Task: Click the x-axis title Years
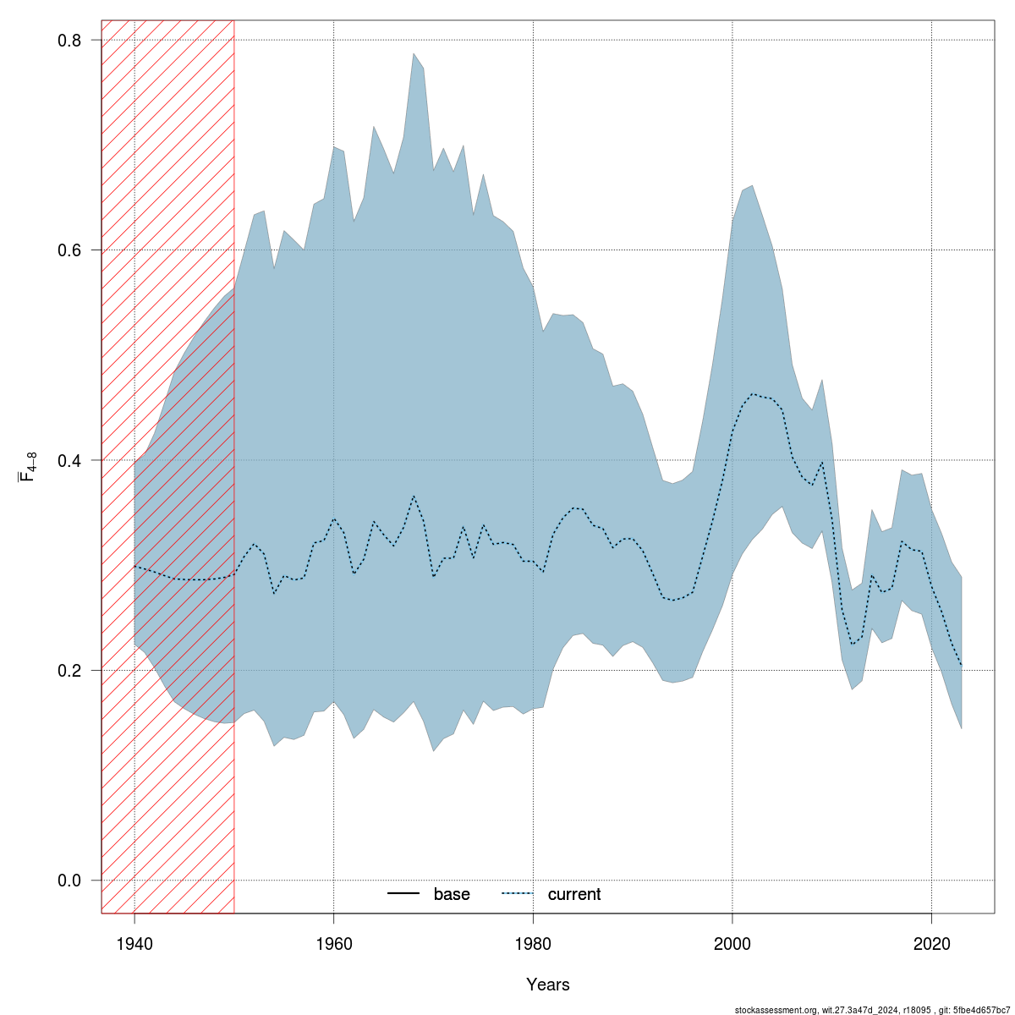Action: click(548, 985)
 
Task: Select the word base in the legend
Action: click(452, 894)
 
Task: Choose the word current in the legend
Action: click(574, 894)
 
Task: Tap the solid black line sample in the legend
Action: click(404, 894)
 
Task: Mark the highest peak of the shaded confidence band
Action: click(414, 53)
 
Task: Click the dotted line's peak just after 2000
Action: click(752, 393)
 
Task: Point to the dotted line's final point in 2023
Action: click(961, 665)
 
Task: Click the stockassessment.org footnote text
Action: click(872, 1010)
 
